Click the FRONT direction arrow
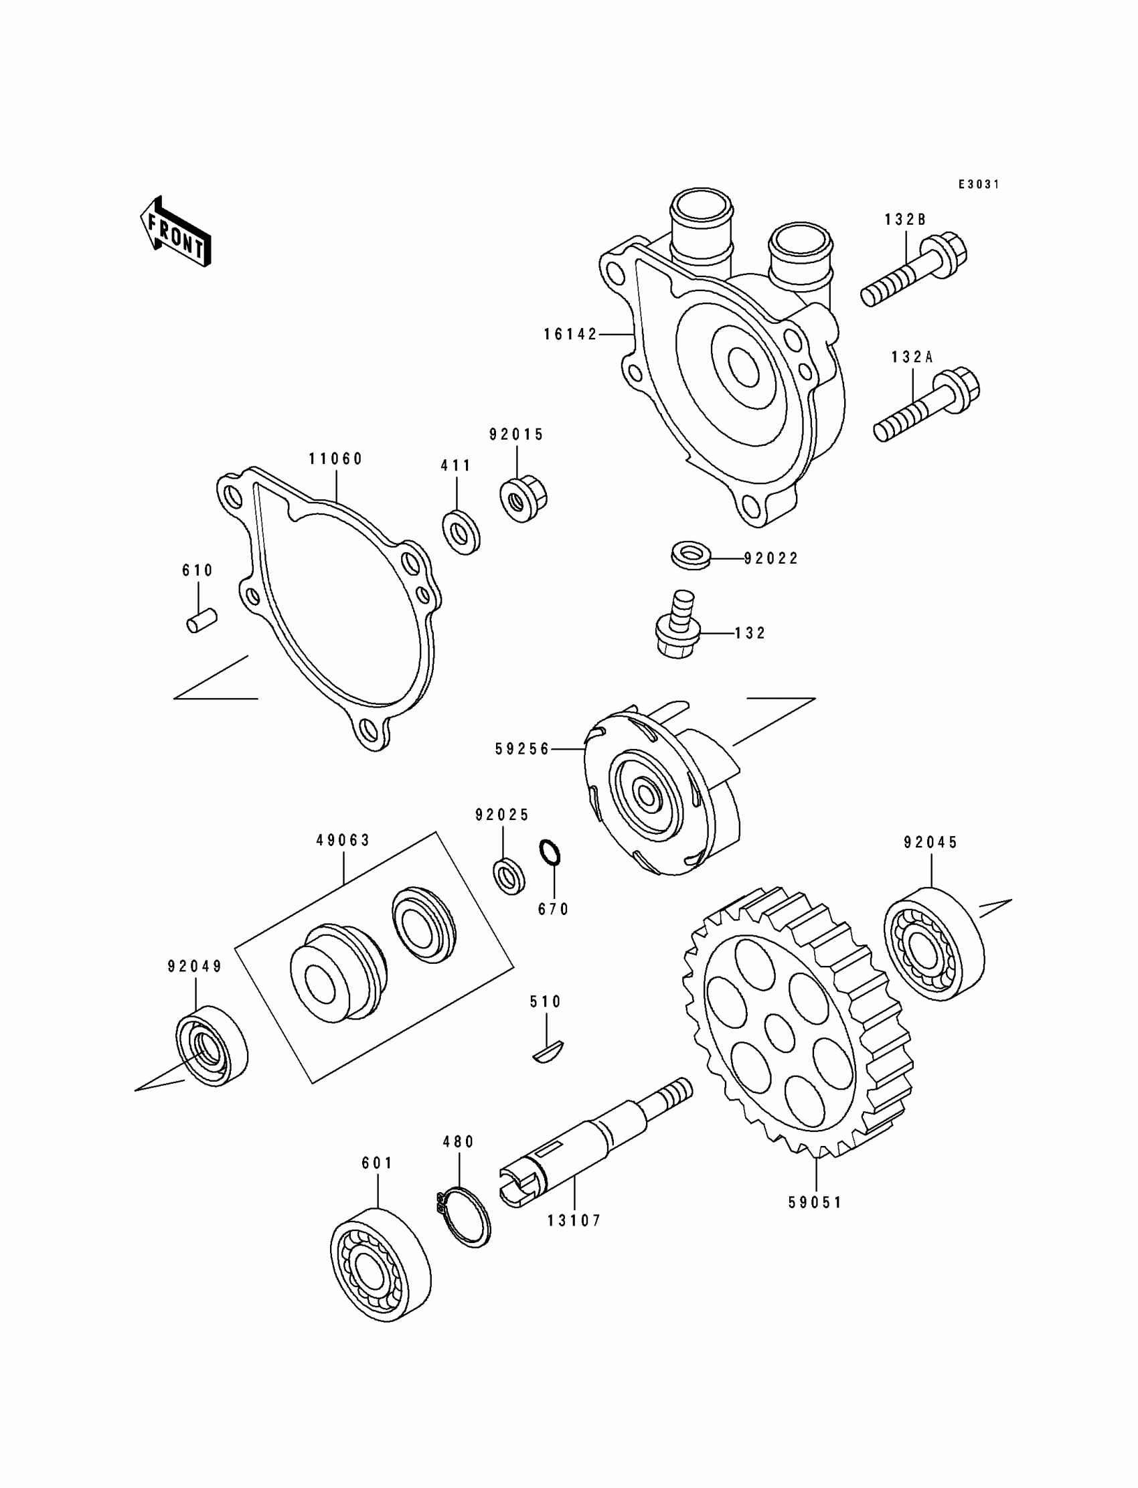175,232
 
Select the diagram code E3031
978,184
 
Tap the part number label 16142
570,334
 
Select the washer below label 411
461,533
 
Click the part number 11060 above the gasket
335,459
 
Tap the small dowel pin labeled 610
201,620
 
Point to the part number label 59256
522,749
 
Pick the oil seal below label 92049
212,1046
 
